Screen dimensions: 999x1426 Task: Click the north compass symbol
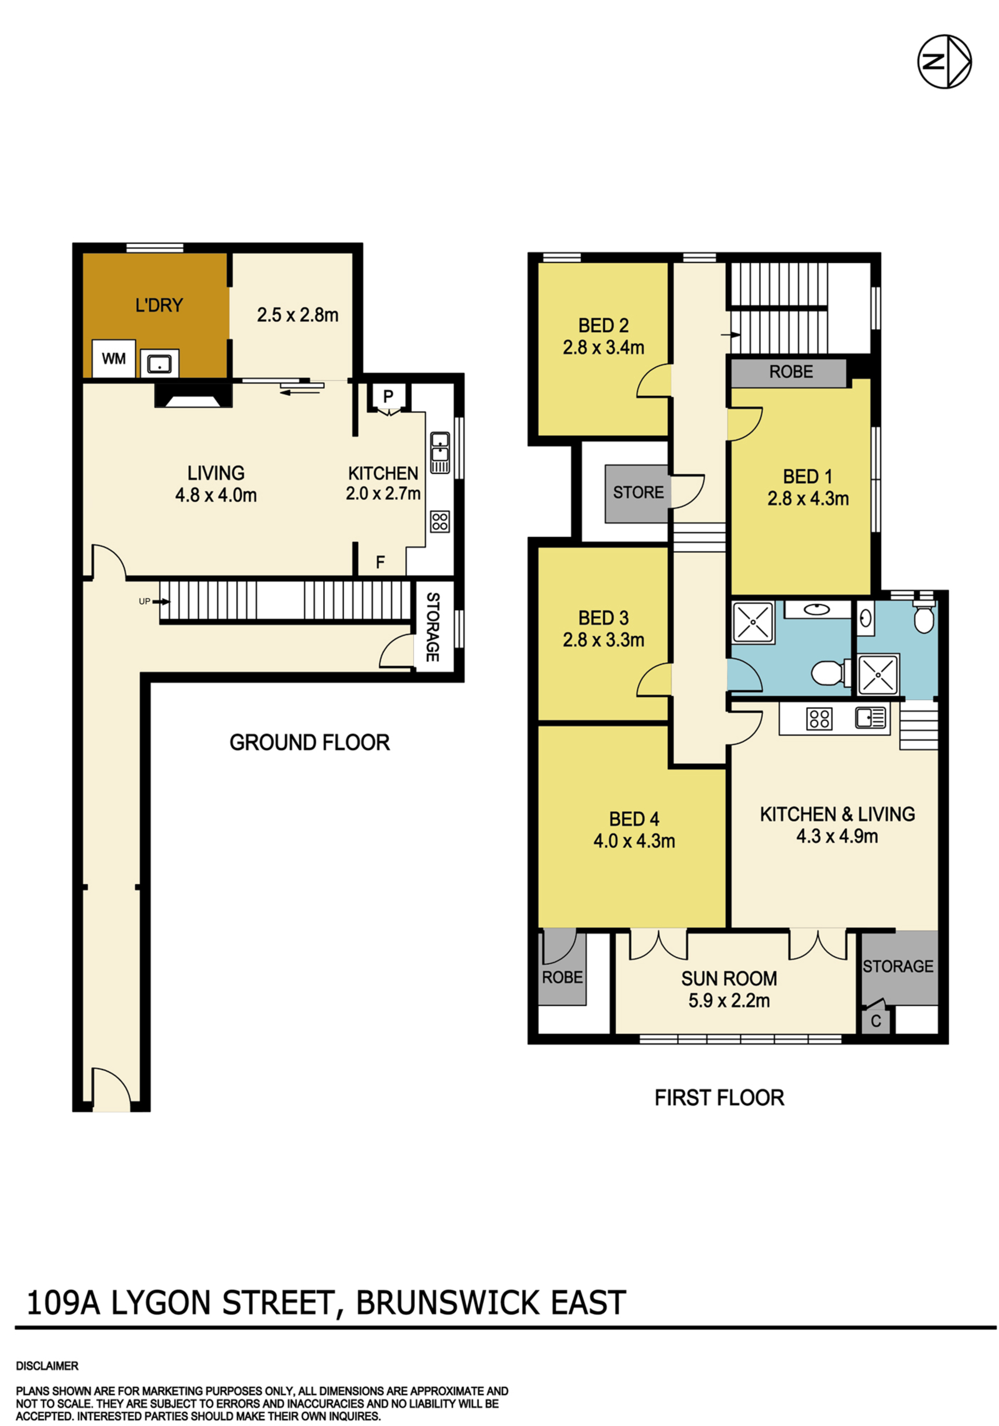click(x=944, y=61)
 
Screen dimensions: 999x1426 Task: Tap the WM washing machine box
click(x=114, y=358)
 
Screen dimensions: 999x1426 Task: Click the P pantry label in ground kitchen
click(x=388, y=396)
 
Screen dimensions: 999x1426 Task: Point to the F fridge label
click(x=380, y=562)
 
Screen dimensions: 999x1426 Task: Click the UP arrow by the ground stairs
click(x=154, y=601)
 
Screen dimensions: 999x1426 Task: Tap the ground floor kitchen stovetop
click(x=440, y=521)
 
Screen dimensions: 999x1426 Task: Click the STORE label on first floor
click(x=638, y=492)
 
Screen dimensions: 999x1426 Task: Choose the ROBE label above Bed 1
click(x=791, y=372)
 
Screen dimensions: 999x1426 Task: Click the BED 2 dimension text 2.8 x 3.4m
click(x=603, y=348)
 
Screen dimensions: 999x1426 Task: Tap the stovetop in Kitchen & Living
click(x=819, y=719)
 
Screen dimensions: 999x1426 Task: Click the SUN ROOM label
click(x=729, y=979)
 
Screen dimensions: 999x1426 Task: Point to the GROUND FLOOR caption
click(x=310, y=742)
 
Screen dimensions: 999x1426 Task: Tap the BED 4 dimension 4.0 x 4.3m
click(x=634, y=841)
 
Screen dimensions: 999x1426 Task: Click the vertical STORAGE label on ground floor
click(x=433, y=627)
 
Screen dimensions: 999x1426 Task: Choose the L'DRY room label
click(x=159, y=306)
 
